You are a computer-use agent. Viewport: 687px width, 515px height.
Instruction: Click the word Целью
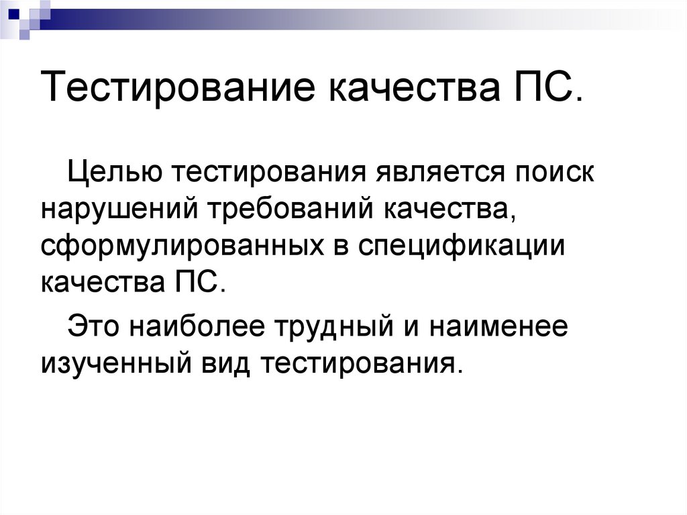pos(113,173)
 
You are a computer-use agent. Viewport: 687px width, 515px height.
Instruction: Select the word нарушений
pos(121,210)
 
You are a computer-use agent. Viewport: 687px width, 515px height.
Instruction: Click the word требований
pos(295,210)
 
